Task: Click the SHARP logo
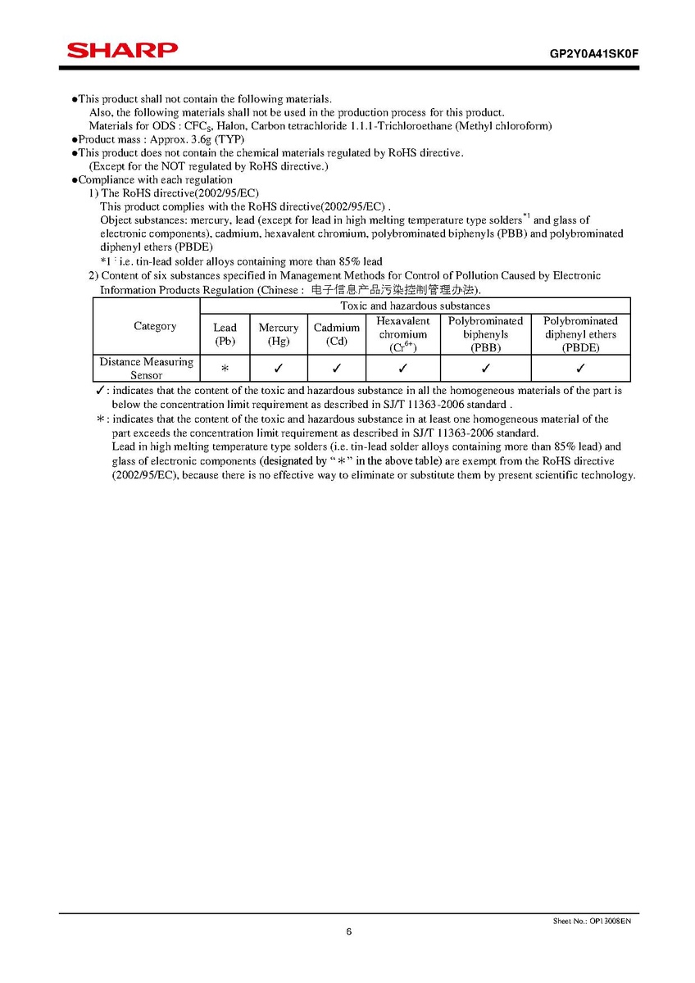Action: pyautogui.click(x=122, y=51)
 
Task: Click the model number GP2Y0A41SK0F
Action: pyautogui.click(x=593, y=53)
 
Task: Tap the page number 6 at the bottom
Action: pyautogui.click(x=349, y=931)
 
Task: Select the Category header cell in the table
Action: pyautogui.click(x=155, y=326)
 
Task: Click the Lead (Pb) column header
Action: pyautogui.click(x=225, y=334)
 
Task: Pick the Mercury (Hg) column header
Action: pyautogui.click(x=279, y=334)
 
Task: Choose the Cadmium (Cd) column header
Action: pyautogui.click(x=337, y=334)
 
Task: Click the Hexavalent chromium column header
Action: pyautogui.click(x=403, y=334)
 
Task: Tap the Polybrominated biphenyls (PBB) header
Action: pyautogui.click(x=486, y=334)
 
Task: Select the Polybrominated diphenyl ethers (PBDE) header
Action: pyautogui.click(x=580, y=334)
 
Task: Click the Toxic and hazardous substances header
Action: pyautogui.click(x=416, y=306)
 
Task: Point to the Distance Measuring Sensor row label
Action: pyautogui.click(x=147, y=368)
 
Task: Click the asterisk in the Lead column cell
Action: pyautogui.click(x=225, y=369)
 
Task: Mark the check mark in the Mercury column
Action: pyautogui.click(x=279, y=369)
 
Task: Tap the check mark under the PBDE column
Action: pyautogui.click(x=580, y=369)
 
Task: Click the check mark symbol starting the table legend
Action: pyautogui.click(x=100, y=391)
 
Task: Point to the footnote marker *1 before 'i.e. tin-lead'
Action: pyautogui.click(x=106, y=261)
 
